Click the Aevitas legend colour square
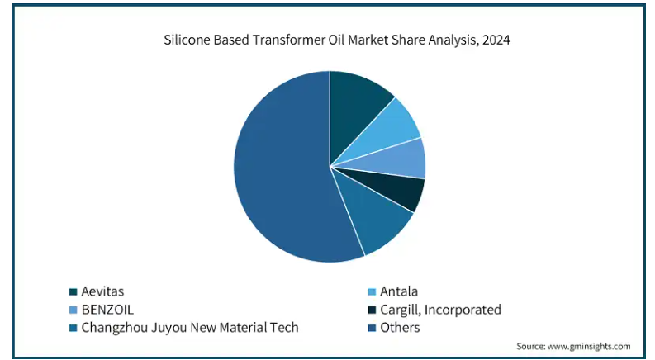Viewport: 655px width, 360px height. (73, 291)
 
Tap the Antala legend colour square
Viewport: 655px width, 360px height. (372, 291)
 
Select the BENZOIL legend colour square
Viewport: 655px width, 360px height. (73, 310)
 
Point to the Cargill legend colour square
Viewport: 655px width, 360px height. (372, 310)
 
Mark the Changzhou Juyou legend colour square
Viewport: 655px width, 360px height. (73, 328)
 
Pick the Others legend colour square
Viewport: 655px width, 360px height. (372, 328)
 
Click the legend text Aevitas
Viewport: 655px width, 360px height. (102, 291)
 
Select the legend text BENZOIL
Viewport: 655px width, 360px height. (107, 310)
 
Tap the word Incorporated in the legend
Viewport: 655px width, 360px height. (466, 310)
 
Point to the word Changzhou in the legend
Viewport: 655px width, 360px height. (114, 328)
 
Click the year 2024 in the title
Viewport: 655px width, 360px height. (494, 39)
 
